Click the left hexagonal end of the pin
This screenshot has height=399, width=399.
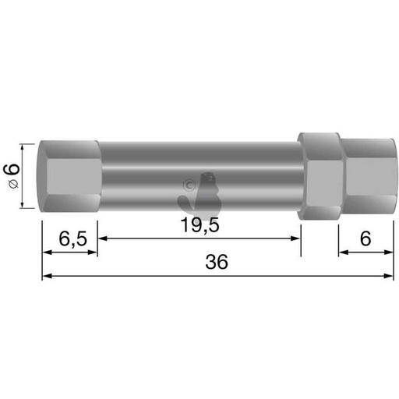click(70, 176)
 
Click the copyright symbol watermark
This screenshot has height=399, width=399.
click(188, 185)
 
